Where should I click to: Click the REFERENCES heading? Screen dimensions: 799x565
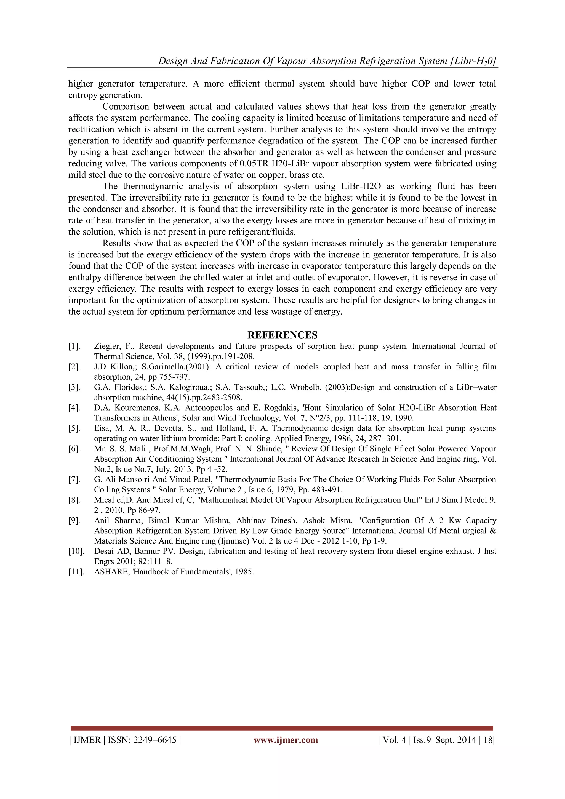(x=282, y=335)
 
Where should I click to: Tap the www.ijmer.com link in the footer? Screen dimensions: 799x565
(x=286, y=740)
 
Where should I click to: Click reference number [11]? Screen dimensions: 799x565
(x=76, y=572)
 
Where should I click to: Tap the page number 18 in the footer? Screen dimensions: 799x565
(x=488, y=740)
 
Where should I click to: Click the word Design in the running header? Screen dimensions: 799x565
(x=172, y=61)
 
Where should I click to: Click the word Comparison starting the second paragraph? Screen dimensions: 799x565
(x=126, y=106)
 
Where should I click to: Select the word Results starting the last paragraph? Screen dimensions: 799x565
(x=116, y=243)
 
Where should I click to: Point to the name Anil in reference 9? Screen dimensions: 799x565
(x=101, y=521)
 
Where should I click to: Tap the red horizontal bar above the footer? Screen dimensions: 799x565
(x=282, y=728)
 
